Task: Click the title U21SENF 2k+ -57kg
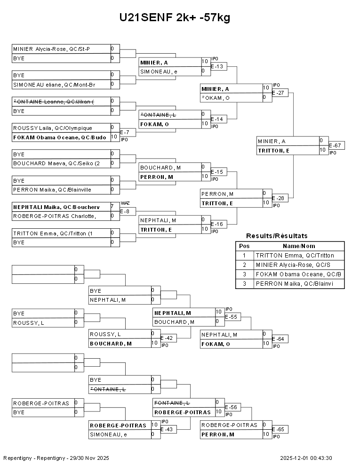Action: tap(175, 18)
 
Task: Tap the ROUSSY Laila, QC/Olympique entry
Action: tap(53, 128)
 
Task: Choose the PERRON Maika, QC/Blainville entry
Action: tap(52, 190)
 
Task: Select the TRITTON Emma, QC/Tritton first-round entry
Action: tap(52, 233)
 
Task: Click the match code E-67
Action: tap(336, 145)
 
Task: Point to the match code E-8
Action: tap(125, 211)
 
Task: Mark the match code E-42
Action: tap(167, 338)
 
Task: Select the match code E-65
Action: tap(278, 429)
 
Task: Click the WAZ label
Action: tap(125, 203)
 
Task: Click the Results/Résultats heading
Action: tap(277, 236)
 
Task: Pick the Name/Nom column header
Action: tap(299, 246)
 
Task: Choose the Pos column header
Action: tap(244, 246)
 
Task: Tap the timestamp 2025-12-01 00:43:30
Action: tap(306, 458)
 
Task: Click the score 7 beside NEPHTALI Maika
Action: tap(112, 207)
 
